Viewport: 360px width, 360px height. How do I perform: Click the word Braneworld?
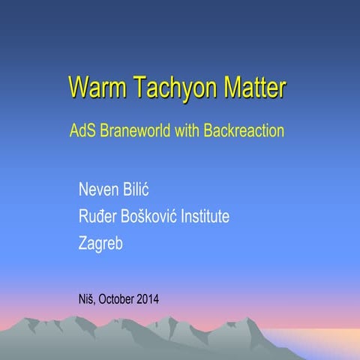pyautogui.click(x=135, y=130)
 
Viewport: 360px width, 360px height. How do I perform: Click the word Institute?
pyautogui.click(x=203, y=217)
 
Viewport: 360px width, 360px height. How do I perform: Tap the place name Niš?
pyautogui.click(x=86, y=301)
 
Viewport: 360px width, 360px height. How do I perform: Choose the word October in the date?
pyautogui.click(x=115, y=301)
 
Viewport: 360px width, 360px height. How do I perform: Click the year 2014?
pyautogui.click(x=148, y=301)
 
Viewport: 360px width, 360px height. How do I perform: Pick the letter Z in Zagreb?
pyautogui.click(x=82, y=244)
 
